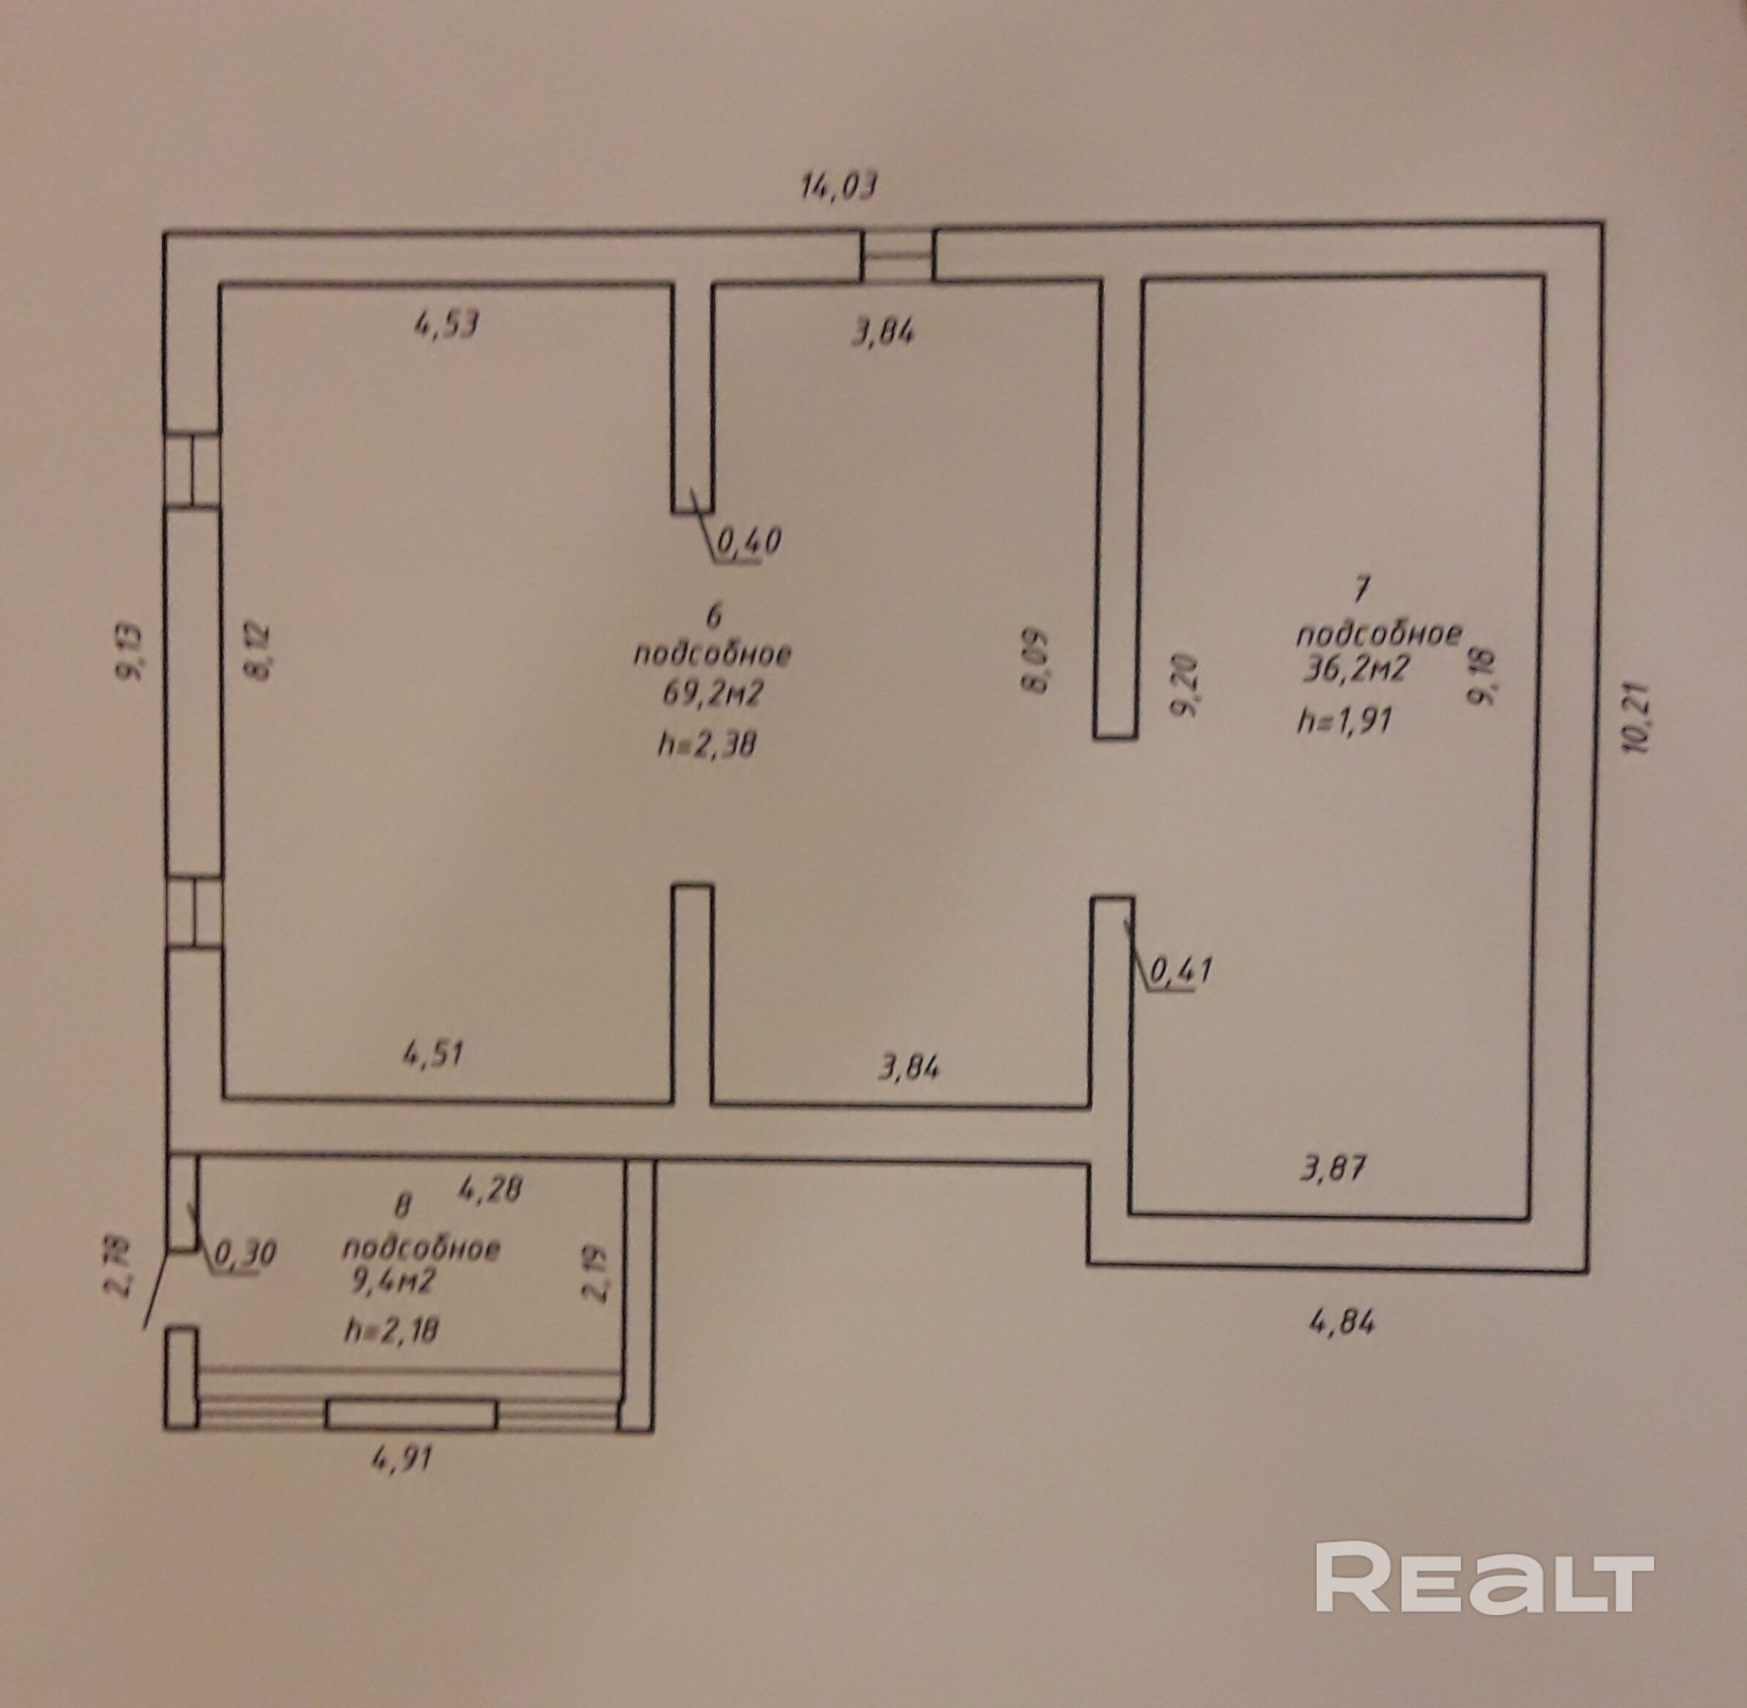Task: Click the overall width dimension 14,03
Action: click(837, 187)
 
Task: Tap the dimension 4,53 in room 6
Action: click(446, 323)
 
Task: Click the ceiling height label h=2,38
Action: click(706, 743)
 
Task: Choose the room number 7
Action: click(1361, 591)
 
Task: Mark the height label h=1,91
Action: click(1344, 720)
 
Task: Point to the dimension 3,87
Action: click(1333, 1168)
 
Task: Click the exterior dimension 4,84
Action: click(1342, 1323)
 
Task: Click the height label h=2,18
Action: click(392, 1330)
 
